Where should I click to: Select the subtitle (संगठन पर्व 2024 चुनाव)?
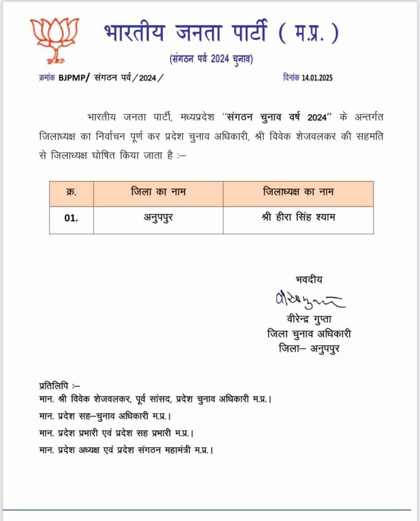tap(211, 60)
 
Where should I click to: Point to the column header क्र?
tap(71, 193)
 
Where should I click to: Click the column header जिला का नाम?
tap(158, 193)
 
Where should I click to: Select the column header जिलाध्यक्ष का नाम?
tap(298, 193)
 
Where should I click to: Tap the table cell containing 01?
tap(71, 219)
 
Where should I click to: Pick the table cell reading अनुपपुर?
tap(158, 219)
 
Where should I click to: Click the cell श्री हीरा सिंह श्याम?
tap(298, 219)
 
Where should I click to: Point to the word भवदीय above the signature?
tap(309, 279)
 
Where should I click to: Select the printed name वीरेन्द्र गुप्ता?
tap(309, 320)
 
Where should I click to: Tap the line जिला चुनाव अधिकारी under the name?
tap(309, 334)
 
